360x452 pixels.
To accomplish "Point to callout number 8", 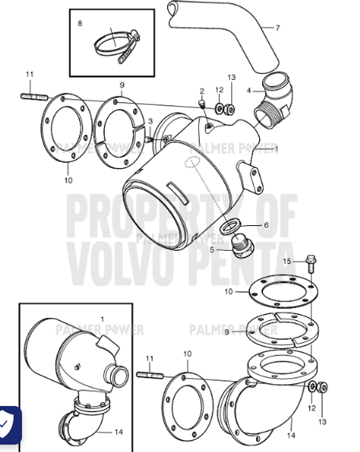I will (x=81, y=24).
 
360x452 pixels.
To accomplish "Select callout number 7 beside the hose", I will (x=277, y=29).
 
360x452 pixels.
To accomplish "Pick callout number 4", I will (x=250, y=90).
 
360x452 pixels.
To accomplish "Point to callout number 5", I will (x=212, y=249).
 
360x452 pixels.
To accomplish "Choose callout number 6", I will (x=264, y=225).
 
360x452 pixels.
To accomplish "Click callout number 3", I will (x=150, y=121).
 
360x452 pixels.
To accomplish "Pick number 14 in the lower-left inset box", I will (x=118, y=432).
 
